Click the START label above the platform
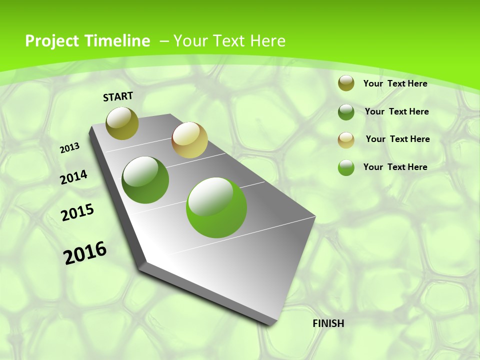(x=118, y=96)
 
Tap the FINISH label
(x=328, y=323)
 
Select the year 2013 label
(x=70, y=148)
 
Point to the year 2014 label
(x=73, y=177)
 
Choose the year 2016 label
(x=85, y=253)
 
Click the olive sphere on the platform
(x=122, y=123)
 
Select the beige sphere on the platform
(x=189, y=140)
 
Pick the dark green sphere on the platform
(x=145, y=179)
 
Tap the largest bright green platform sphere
(x=216, y=207)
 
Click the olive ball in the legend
(x=346, y=83)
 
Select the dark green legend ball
(x=346, y=112)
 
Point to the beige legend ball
(x=346, y=140)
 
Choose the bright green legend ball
(x=346, y=167)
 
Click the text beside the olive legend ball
(x=395, y=83)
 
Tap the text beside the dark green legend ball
(x=396, y=111)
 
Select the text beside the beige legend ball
(x=397, y=139)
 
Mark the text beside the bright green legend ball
(x=395, y=167)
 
